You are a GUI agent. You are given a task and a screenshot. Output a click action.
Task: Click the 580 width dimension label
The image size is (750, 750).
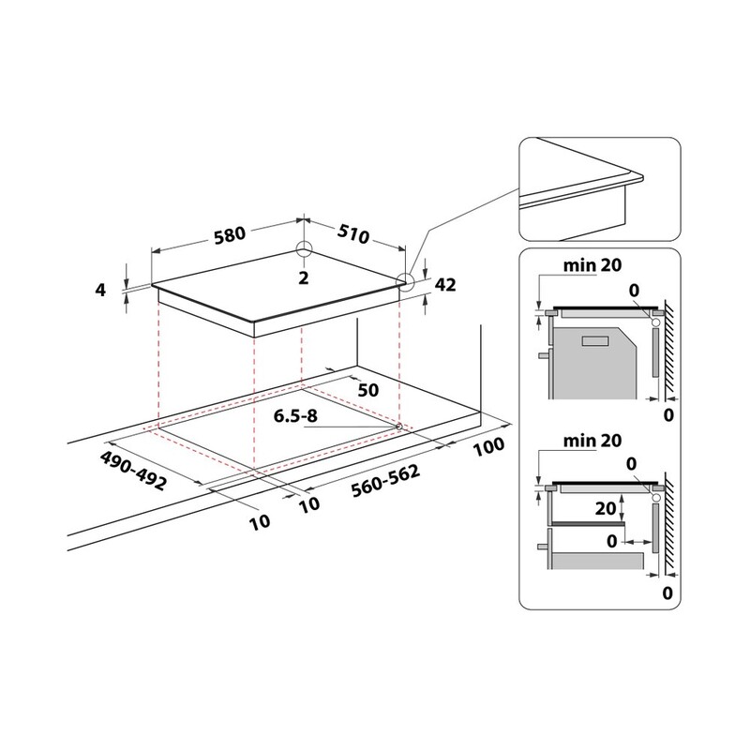(229, 235)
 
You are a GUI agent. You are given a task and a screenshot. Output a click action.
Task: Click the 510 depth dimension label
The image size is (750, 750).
(353, 233)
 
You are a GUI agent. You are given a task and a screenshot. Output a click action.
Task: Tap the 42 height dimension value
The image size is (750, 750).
(445, 285)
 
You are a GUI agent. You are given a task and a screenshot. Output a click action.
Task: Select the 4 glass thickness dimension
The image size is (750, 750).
(100, 290)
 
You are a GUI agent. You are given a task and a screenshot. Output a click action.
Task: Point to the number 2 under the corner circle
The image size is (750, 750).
(304, 277)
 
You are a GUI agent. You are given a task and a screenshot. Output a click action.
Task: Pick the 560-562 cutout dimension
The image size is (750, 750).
(385, 480)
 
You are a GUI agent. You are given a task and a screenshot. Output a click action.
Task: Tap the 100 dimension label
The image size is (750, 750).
(488, 447)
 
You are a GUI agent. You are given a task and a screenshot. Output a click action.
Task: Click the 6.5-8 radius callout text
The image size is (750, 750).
(295, 415)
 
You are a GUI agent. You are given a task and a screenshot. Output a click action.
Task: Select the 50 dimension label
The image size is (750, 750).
(368, 390)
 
